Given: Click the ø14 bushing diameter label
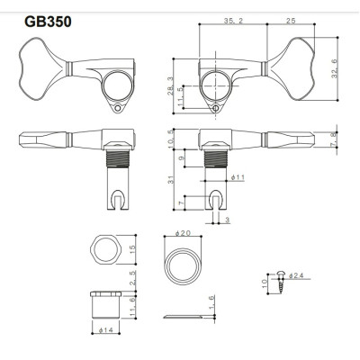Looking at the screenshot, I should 106,329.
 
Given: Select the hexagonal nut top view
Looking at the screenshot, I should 106,252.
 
